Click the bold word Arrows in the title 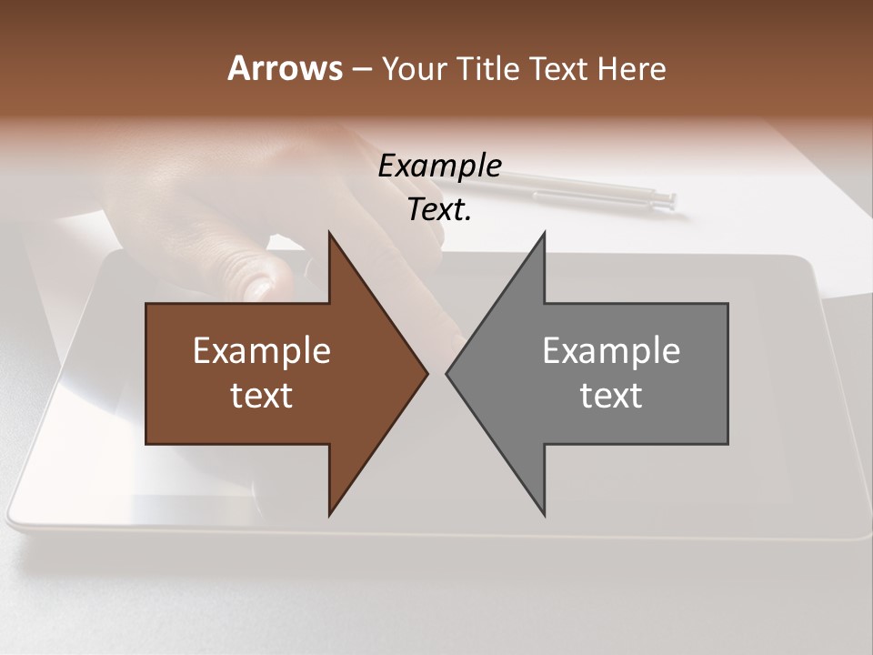[x=284, y=68]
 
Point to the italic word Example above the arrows [x=439, y=166]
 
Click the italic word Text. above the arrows [x=439, y=210]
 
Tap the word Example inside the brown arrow [x=262, y=350]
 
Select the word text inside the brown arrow [x=262, y=396]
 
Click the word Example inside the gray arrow [x=611, y=350]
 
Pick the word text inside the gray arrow [x=611, y=396]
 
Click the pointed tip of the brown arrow [x=426, y=373]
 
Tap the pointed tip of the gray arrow [x=447, y=373]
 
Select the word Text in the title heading [x=559, y=68]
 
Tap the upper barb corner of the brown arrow [x=329, y=234]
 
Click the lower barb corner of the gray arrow [x=544, y=514]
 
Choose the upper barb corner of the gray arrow [x=544, y=234]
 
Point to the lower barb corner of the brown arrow [x=329, y=514]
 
